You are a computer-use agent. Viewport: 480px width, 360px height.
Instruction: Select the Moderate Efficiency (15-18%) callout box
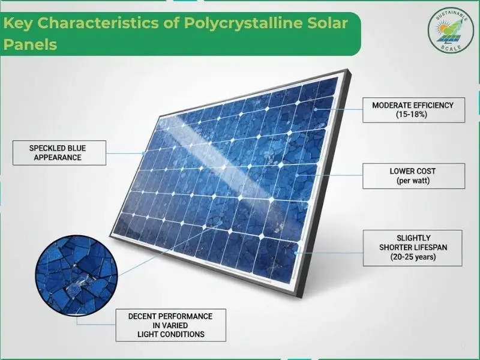click(x=413, y=109)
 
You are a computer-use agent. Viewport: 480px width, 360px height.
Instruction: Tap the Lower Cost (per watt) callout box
click(x=413, y=175)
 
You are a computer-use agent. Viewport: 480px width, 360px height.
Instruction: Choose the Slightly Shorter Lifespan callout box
click(x=413, y=248)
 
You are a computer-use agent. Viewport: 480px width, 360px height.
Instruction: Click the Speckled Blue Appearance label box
click(x=59, y=152)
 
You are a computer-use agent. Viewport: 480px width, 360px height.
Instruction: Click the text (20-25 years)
click(x=413, y=257)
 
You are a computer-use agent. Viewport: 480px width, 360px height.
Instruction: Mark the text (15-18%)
click(x=413, y=114)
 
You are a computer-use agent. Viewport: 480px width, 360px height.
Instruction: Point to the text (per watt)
click(x=413, y=180)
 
